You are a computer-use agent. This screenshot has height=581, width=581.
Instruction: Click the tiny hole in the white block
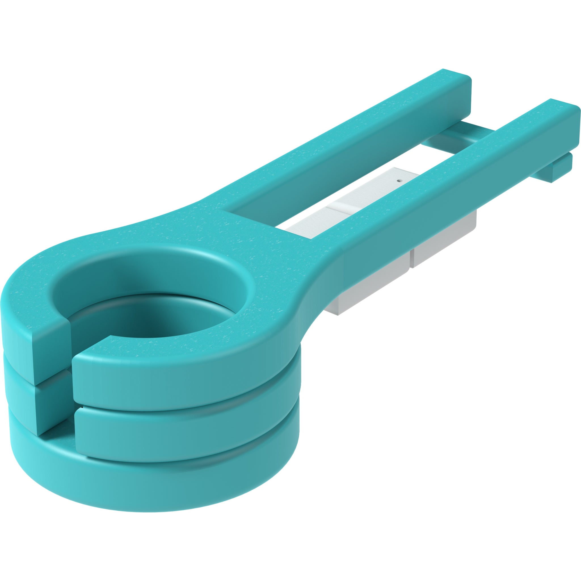[399, 181]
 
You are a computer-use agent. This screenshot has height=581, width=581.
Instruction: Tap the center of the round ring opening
[153, 301]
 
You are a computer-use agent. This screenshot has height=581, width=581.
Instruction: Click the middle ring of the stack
[180, 427]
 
